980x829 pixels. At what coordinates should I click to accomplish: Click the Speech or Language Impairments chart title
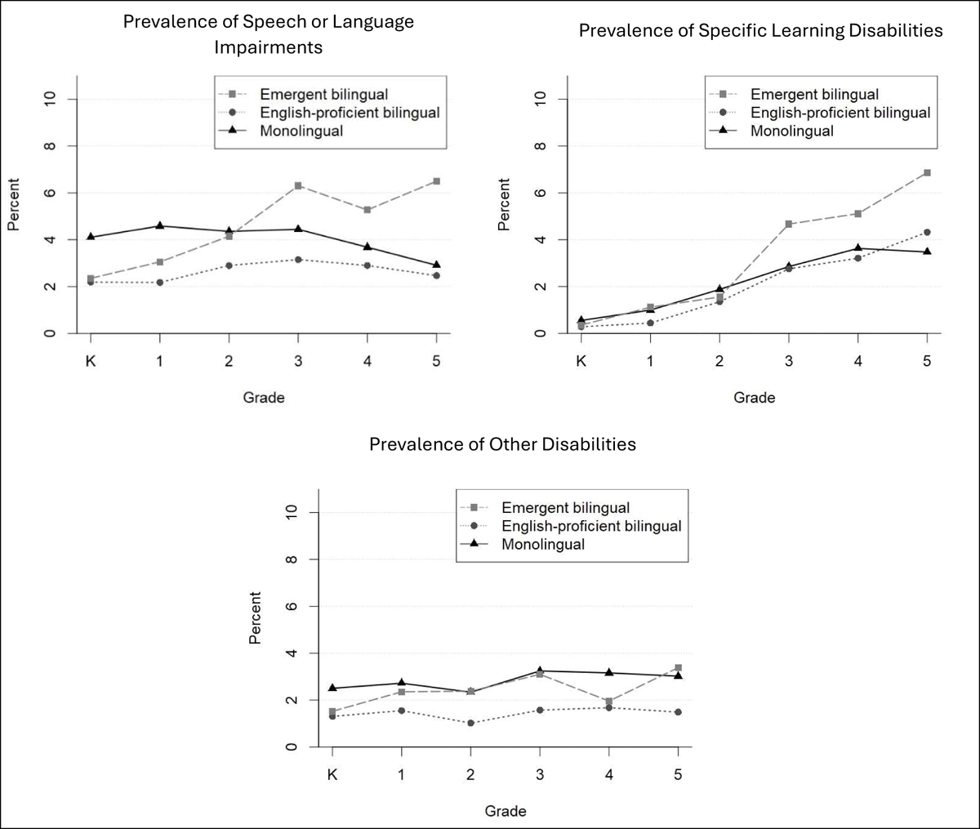click(269, 34)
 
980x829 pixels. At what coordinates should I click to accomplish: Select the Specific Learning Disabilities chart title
click(760, 31)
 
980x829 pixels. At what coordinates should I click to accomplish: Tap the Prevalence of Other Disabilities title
click(502, 445)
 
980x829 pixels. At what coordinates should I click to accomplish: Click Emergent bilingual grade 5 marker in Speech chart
click(436, 181)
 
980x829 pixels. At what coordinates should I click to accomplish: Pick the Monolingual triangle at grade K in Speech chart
click(91, 237)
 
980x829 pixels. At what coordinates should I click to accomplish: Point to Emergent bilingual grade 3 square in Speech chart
click(298, 185)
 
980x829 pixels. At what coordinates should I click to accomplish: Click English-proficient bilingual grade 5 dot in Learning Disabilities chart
click(927, 232)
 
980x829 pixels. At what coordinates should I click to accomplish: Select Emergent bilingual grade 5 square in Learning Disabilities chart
click(927, 172)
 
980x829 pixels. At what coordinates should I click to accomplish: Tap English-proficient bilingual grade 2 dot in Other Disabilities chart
click(470, 723)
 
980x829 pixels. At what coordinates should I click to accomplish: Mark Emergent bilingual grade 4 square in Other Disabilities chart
click(609, 702)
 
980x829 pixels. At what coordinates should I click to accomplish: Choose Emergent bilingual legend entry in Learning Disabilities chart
click(814, 95)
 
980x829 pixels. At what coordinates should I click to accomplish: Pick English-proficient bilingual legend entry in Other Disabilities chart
click(591, 526)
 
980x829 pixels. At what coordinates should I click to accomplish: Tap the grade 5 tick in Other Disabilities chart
click(678, 773)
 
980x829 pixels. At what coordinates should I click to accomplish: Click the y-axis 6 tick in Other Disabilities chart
click(292, 607)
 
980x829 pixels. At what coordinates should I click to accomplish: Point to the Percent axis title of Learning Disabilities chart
click(504, 204)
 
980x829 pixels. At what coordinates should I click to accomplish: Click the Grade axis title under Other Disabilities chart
click(506, 811)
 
